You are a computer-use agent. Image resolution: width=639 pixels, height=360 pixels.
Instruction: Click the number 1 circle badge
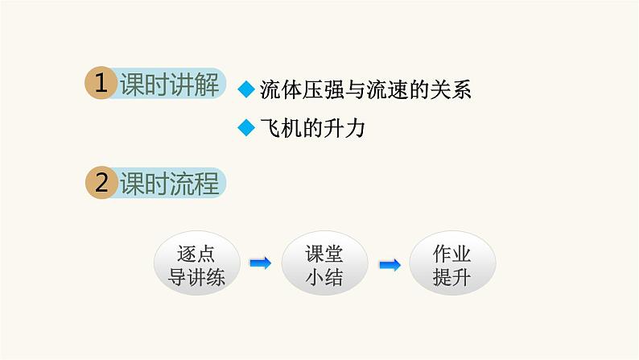(x=101, y=85)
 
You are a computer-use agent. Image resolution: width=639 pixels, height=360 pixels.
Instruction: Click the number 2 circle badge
(x=101, y=184)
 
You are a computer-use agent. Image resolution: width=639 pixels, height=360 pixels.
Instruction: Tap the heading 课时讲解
(x=169, y=85)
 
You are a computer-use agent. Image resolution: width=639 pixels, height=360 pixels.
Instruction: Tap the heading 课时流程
(x=169, y=184)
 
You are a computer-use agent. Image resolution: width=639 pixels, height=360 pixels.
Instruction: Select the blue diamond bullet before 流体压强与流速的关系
(x=248, y=90)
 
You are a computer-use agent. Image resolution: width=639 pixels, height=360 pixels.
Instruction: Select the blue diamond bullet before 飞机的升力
(x=248, y=129)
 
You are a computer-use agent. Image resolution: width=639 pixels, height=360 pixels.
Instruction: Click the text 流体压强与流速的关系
(x=365, y=90)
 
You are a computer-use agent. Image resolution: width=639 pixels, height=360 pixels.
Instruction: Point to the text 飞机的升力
(x=313, y=129)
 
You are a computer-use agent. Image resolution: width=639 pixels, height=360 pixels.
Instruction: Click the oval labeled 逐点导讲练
(x=196, y=264)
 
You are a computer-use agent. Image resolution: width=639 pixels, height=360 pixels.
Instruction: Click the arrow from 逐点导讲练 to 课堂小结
(x=260, y=263)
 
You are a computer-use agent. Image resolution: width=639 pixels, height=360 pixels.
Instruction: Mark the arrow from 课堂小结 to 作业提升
(x=389, y=264)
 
